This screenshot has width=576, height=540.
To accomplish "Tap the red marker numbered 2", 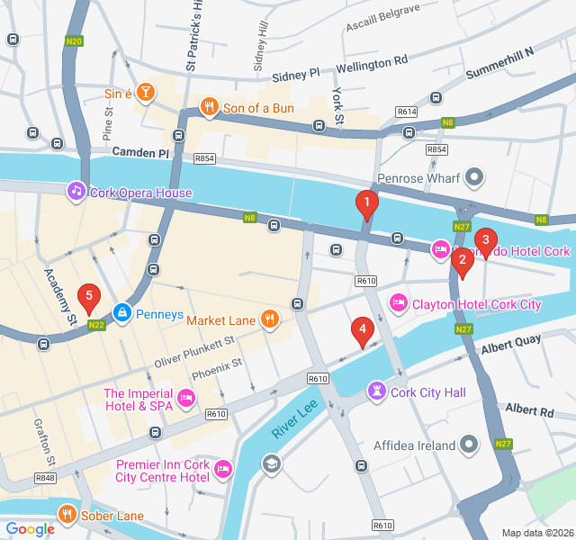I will point(462,262).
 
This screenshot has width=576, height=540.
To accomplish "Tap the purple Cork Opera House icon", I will point(76,192).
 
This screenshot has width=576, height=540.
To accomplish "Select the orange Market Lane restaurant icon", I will point(268,319).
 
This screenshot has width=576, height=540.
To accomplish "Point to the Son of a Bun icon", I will point(209,108).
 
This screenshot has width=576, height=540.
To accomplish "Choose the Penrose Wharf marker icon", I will point(477,177).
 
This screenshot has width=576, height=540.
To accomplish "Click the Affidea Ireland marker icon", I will point(469,445).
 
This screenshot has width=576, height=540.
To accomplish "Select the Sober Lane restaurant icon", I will point(67,514).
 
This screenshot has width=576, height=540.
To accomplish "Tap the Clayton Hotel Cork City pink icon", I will point(397,303).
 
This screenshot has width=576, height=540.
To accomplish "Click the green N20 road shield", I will point(75,40).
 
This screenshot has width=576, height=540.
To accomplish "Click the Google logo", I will point(30,529).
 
